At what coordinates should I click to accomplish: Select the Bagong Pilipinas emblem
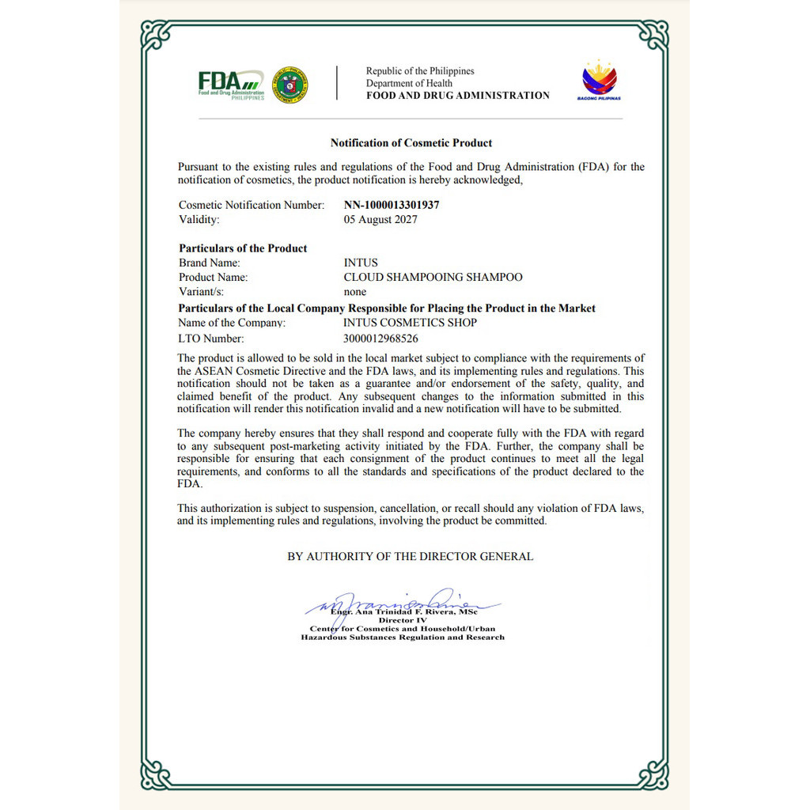click(x=600, y=81)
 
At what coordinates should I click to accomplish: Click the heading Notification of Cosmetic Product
click(x=411, y=143)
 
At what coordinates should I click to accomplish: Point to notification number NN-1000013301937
click(x=392, y=205)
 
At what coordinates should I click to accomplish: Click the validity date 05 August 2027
click(x=380, y=219)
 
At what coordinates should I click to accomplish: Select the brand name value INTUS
click(x=361, y=263)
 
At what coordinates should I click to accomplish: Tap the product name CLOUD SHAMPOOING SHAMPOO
click(x=433, y=277)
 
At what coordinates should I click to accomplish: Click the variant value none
click(x=355, y=291)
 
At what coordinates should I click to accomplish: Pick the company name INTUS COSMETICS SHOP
click(x=410, y=323)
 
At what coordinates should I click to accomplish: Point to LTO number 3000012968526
click(x=380, y=339)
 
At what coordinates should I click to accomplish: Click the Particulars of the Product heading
click(x=243, y=248)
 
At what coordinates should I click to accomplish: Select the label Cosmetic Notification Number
click(x=252, y=205)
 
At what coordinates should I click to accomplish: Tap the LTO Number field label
click(x=211, y=339)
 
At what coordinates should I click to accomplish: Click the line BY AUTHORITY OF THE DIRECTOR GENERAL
click(x=410, y=557)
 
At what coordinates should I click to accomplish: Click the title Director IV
click(x=403, y=620)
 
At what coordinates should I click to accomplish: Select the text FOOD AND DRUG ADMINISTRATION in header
click(x=457, y=96)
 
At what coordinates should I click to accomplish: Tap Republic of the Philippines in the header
click(x=420, y=71)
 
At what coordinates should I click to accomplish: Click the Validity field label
click(x=199, y=219)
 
